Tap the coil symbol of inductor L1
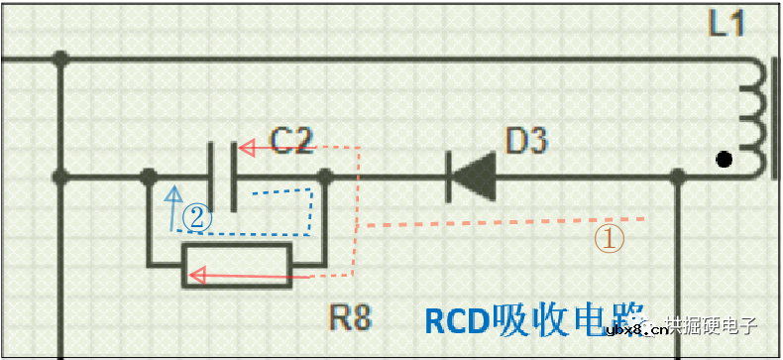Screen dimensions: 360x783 757,117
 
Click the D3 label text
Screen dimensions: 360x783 526,142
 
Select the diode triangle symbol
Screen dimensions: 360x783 473,177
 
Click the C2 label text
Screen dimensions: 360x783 291,142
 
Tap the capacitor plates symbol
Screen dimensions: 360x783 222,177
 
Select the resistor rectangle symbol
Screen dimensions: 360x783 237,266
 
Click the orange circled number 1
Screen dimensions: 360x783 609,238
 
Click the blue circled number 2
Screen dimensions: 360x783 197,217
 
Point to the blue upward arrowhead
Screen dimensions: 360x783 174,193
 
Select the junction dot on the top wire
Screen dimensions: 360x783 61,60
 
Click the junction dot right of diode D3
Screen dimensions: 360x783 679,178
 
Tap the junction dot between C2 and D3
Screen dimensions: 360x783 324,178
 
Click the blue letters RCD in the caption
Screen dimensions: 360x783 457,319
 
